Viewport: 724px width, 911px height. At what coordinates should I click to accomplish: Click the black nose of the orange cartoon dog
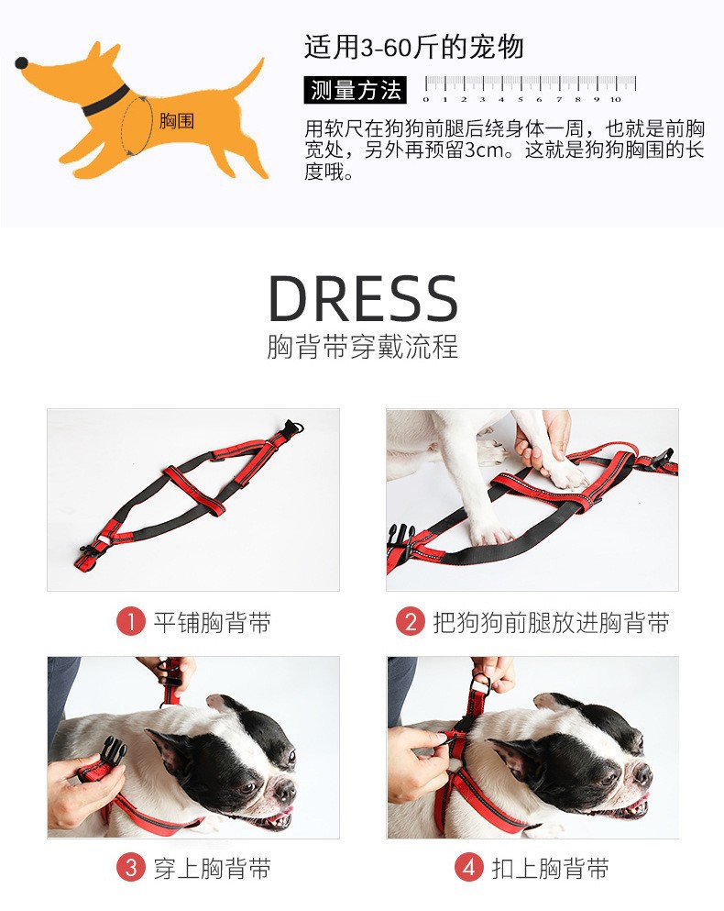point(21,62)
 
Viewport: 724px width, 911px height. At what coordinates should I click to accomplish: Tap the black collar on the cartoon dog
point(105,101)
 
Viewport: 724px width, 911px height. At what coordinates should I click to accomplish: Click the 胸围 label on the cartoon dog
point(176,121)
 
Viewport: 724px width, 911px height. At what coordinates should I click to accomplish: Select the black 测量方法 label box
point(356,90)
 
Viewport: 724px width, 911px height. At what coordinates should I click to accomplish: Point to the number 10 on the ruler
point(616,99)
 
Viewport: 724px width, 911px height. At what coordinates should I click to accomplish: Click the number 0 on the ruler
point(426,99)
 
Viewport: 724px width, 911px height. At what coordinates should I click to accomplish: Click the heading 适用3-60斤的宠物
point(414,47)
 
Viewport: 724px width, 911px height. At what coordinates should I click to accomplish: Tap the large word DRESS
point(364,298)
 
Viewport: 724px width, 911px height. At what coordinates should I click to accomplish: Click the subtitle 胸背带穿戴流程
point(363,346)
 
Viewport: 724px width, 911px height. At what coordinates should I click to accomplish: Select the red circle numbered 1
point(131,622)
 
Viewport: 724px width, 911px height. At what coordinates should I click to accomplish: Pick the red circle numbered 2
point(411,622)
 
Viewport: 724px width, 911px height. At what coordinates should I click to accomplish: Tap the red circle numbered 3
point(131,868)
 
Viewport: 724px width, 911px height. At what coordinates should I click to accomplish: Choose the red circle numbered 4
point(468,868)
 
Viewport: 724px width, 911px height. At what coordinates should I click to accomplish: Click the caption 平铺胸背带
point(213,622)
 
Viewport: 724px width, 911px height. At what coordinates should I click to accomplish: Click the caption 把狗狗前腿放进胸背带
point(551,622)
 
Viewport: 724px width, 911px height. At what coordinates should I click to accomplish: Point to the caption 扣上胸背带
point(551,869)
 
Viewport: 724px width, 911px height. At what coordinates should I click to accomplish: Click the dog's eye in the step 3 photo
point(249,787)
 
